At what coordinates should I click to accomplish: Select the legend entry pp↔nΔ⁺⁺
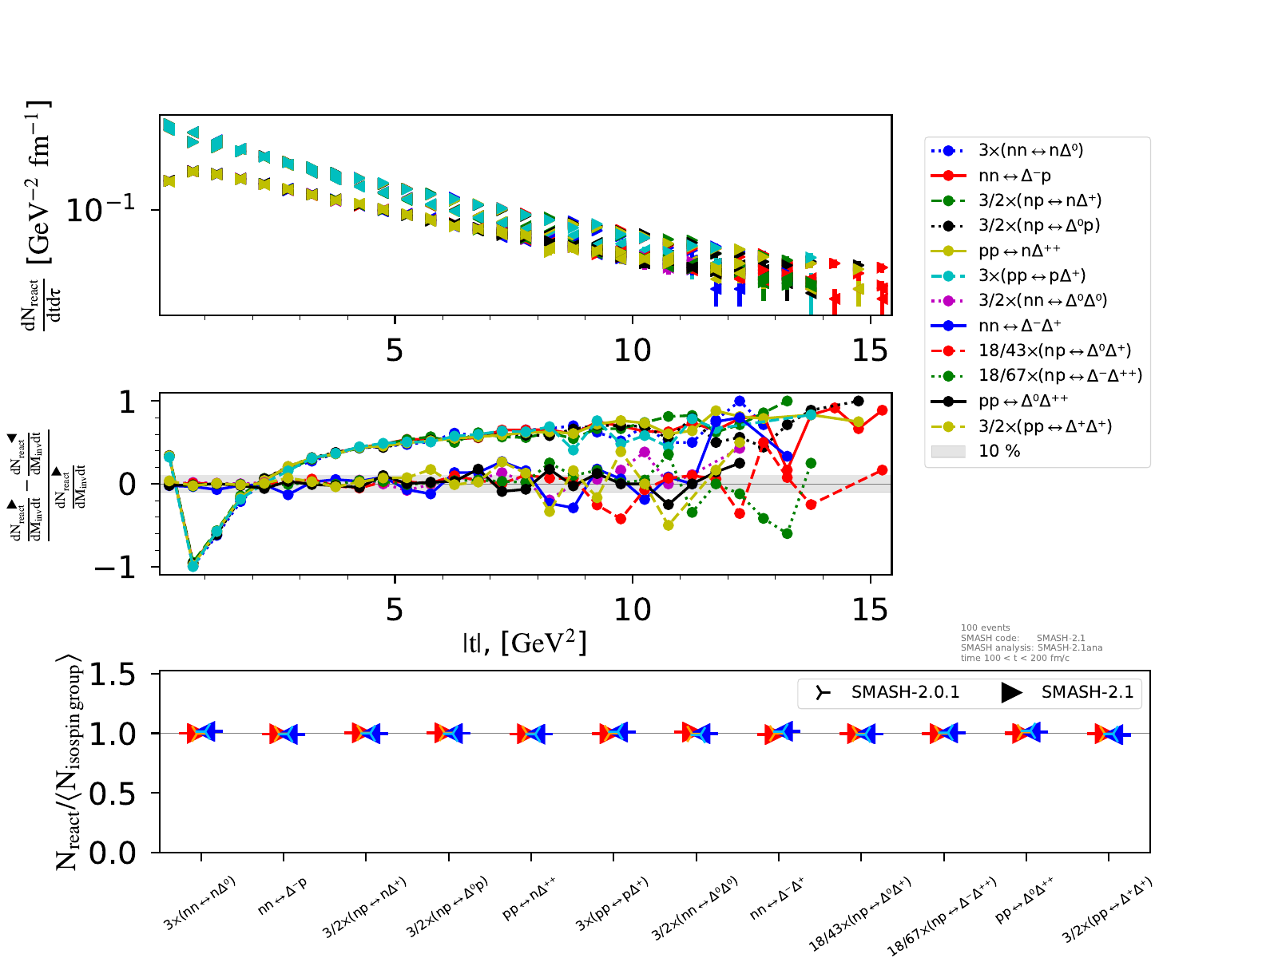point(1019,251)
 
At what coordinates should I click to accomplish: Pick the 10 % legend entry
point(999,451)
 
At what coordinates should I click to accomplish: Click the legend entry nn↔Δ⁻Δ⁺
point(1019,326)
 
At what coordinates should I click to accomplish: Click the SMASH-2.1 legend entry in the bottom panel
point(1087,692)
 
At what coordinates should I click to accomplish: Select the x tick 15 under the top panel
point(870,350)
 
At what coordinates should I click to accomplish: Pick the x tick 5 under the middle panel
point(395,611)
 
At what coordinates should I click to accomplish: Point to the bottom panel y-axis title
point(69,762)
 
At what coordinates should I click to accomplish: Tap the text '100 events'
point(986,628)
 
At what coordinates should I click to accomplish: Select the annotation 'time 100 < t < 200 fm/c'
point(1015,658)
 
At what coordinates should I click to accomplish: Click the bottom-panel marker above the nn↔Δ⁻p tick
point(284,734)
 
